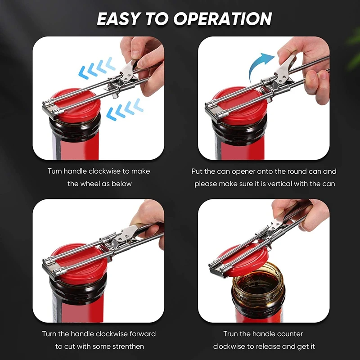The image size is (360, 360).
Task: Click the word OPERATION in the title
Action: pyautogui.click(x=222, y=18)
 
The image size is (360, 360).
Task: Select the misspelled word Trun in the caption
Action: pyautogui.click(x=230, y=333)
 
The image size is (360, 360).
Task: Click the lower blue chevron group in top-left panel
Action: pyautogui.click(x=125, y=109)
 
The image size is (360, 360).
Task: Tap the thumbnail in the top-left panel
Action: pyautogui.click(x=135, y=54)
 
